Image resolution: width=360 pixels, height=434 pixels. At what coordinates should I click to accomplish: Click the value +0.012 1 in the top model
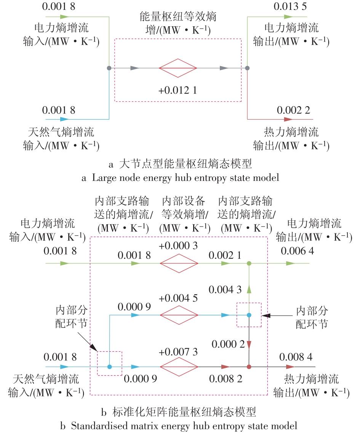click(178, 91)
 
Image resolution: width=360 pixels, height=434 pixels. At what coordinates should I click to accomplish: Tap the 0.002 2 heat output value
click(293, 110)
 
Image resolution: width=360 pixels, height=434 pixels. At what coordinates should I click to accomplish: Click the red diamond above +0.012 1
click(178, 68)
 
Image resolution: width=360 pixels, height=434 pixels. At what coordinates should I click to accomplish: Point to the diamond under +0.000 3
click(179, 263)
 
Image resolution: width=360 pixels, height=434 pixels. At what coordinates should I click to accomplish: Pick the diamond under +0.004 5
click(179, 315)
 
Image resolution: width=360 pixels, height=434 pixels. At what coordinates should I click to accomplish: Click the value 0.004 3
click(225, 290)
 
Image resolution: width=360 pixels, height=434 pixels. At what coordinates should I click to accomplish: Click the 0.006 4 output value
click(298, 251)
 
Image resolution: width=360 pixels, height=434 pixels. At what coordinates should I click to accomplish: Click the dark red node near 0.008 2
click(249, 367)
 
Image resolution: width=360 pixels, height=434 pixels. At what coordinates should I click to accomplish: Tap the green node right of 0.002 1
click(249, 263)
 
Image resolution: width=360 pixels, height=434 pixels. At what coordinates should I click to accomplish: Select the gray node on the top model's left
click(109, 68)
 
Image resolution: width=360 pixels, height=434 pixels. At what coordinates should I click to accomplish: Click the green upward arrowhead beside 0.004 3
click(249, 290)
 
